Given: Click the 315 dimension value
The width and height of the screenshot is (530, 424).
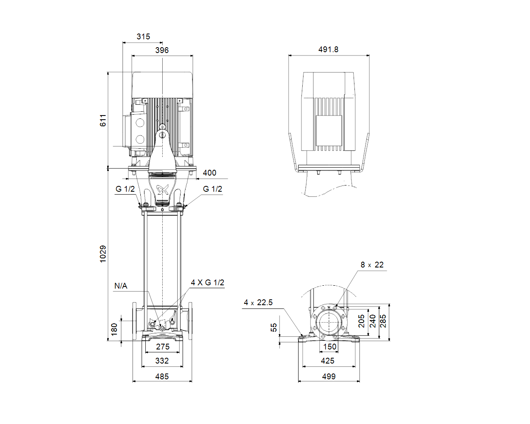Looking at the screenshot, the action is pyautogui.click(x=143, y=36).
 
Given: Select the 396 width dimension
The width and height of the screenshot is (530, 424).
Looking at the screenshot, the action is pyautogui.click(x=162, y=50).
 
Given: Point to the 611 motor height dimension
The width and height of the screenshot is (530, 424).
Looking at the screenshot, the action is pyautogui.click(x=103, y=120).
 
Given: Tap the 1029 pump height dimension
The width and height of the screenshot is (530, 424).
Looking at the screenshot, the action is pyautogui.click(x=103, y=254).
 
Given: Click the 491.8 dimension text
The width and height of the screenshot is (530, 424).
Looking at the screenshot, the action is pyautogui.click(x=328, y=50).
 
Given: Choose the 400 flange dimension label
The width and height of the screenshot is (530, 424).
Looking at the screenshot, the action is pyautogui.click(x=210, y=173).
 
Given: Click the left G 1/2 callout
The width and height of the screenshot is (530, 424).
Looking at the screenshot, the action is pyautogui.click(x=125, y=189).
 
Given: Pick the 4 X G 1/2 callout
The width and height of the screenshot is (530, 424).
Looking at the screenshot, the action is pyautogui.click(x=207, y=282).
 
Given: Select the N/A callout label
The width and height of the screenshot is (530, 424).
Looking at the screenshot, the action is pyautogui.click(x=120, y=286).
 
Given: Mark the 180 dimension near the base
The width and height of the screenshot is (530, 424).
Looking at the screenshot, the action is pyautogui.click(x=114, y=330).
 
